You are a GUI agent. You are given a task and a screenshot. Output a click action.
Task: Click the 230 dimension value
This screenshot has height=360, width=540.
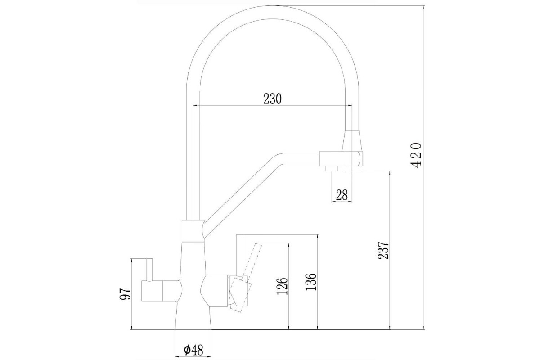click(x=272, y=99)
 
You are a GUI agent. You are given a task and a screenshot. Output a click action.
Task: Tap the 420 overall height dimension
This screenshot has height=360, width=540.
click(x=416, y=154)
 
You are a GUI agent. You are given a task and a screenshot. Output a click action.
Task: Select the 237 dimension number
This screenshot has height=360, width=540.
click(x=383, y=250)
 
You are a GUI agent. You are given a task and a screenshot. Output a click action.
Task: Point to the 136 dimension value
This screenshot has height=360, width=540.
click(x=310, y=282)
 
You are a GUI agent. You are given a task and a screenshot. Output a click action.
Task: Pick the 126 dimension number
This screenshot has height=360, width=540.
click(x=282, y=286)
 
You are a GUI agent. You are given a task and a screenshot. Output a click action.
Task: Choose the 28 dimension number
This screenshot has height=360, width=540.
click(x=342, y=195)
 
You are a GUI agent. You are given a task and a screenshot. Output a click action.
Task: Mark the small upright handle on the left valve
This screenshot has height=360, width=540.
click(x=149, y=270)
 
